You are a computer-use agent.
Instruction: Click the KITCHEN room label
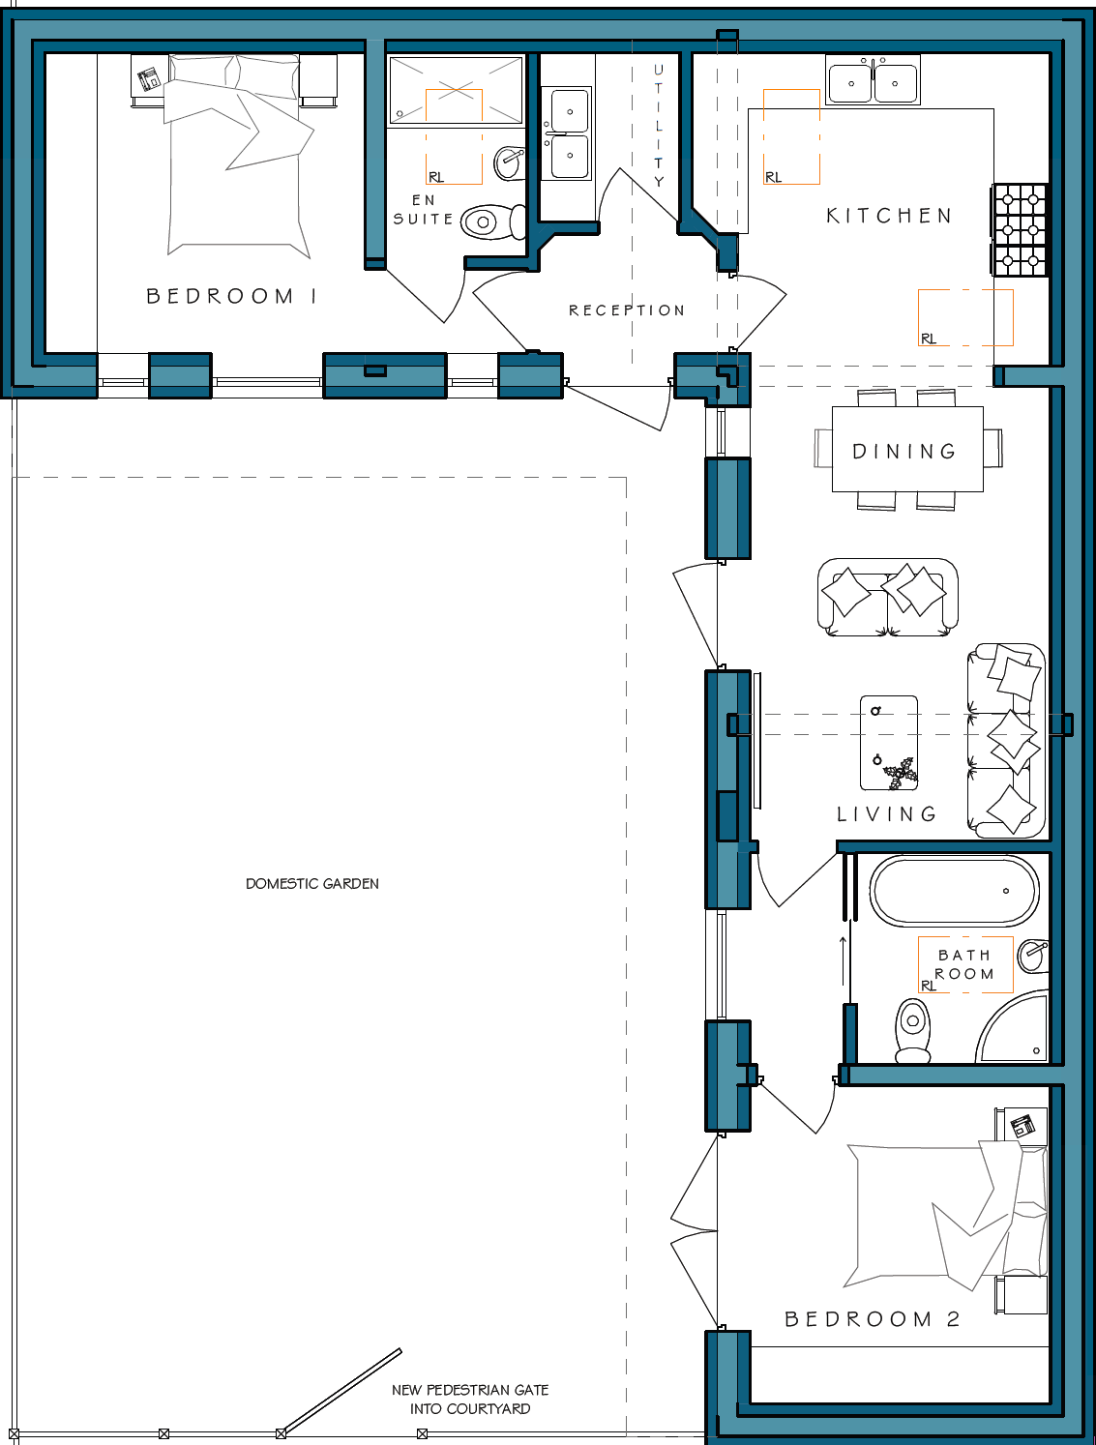point(889,216)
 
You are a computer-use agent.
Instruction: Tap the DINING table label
point(904,451)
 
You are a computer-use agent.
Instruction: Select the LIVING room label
point(887,814)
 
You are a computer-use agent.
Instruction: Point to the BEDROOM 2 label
point(873,1318)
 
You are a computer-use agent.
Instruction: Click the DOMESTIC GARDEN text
point(312,883)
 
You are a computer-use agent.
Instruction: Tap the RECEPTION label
point(627,310)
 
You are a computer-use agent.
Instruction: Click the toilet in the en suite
point(493,221)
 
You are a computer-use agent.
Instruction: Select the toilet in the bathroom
point(913,1030)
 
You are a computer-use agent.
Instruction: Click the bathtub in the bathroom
point(955,890)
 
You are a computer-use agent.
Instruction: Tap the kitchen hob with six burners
point(1020,230)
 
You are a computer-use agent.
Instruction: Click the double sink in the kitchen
point(873,79)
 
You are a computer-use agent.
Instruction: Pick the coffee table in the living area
point(889,743)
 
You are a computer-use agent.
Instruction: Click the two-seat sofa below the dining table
point(887,597)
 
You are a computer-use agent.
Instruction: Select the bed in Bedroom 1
point(237,155)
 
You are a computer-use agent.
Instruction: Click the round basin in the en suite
point(509,162)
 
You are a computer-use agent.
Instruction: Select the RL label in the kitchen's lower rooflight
point(928,339)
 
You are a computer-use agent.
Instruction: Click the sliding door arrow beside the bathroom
point(844,961)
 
